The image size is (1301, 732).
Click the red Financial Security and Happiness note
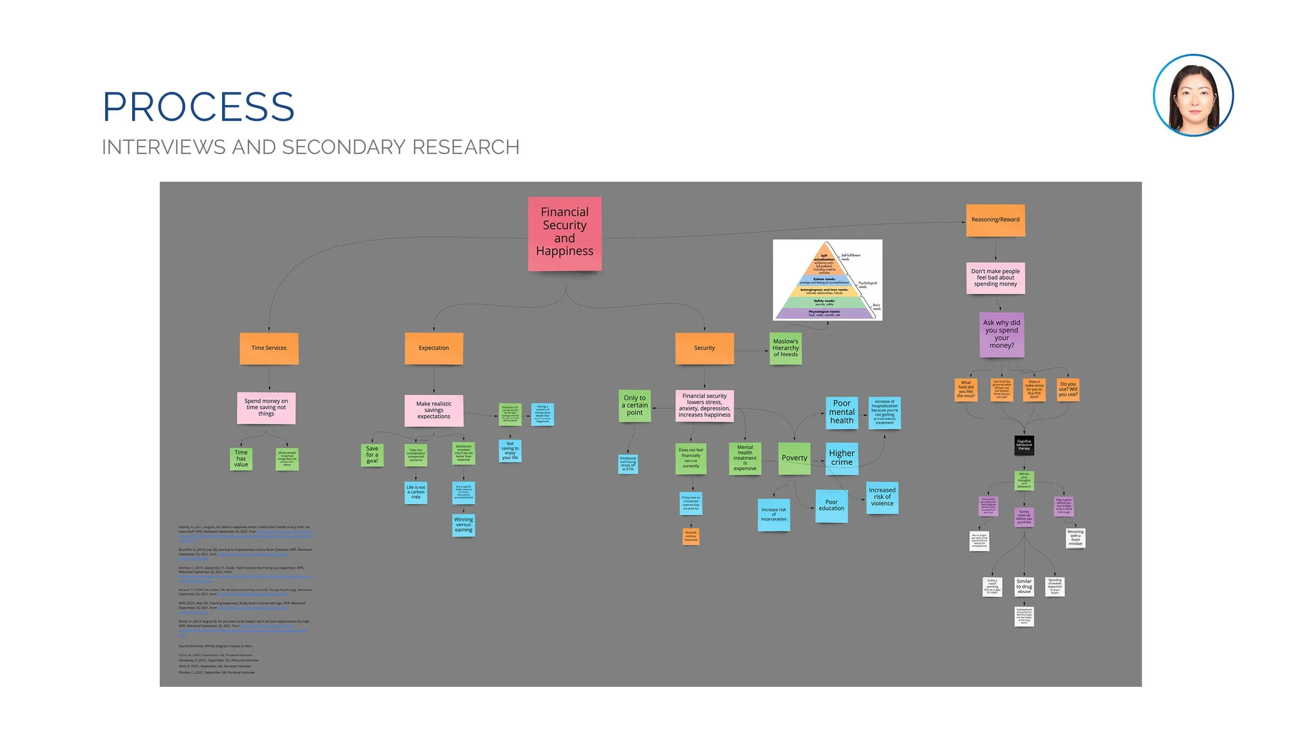coord(565,233)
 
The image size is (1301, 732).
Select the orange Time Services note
coord(269,348)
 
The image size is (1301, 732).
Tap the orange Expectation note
coord(433,348)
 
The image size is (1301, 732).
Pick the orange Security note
coord(704,348)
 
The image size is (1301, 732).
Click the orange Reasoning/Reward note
coord(995,220)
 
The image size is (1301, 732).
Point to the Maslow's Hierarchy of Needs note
coord(785,348)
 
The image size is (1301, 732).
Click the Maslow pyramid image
coord(827,280)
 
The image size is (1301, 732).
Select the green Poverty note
coord(794,458)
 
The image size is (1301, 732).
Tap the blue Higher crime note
coord(841,458)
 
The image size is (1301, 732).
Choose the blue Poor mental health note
coord(841,412)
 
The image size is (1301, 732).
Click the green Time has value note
coord(241,459)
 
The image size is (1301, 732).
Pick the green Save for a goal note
coord(372,455)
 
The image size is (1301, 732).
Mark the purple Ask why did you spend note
coord(1001,334)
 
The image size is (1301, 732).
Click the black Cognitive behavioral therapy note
coord(1024,445)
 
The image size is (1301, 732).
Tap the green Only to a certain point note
coord(634,406)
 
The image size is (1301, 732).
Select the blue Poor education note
coord(831,506)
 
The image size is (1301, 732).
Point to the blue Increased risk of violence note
coord(882,497)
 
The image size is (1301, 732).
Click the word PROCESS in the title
coord(198,107)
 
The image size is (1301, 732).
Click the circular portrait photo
coord(1193,95)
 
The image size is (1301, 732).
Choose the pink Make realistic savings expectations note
coord(433,410)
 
